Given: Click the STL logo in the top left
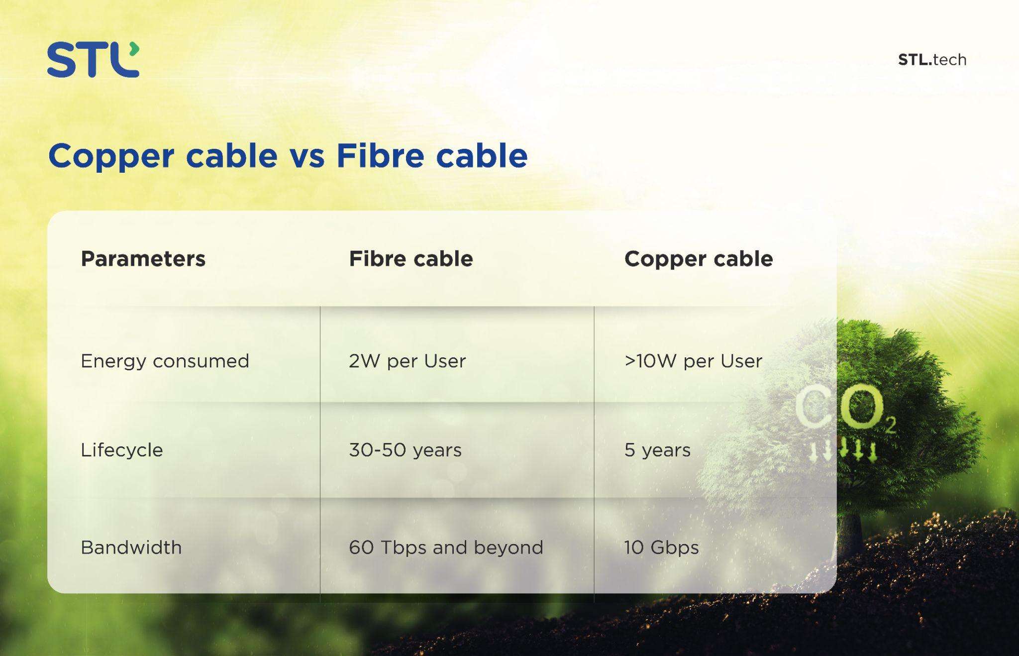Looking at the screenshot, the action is click(93, 60).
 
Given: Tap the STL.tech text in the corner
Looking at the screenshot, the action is click(932, 60).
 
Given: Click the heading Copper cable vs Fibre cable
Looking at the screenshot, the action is click(288, 156).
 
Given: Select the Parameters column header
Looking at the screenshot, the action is click(143, 259).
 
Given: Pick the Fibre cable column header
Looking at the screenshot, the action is click(411, 259).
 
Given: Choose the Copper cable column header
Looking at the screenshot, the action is click(699, 259).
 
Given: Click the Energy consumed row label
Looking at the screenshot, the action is click(165, 361).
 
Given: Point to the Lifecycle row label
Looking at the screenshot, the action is click(122, 450).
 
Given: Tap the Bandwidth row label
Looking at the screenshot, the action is click(131, 547).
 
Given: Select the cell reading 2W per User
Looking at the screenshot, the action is click(408, 361).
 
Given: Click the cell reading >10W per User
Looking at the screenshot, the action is click(693, 361).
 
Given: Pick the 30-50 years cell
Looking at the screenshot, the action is click(405, 450).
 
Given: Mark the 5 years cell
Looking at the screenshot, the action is click(657, 450).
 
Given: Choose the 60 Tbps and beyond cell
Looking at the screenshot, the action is click(446, 547).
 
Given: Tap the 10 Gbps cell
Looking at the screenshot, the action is click(661, 547).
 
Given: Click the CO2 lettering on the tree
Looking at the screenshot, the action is click(845, 409).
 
